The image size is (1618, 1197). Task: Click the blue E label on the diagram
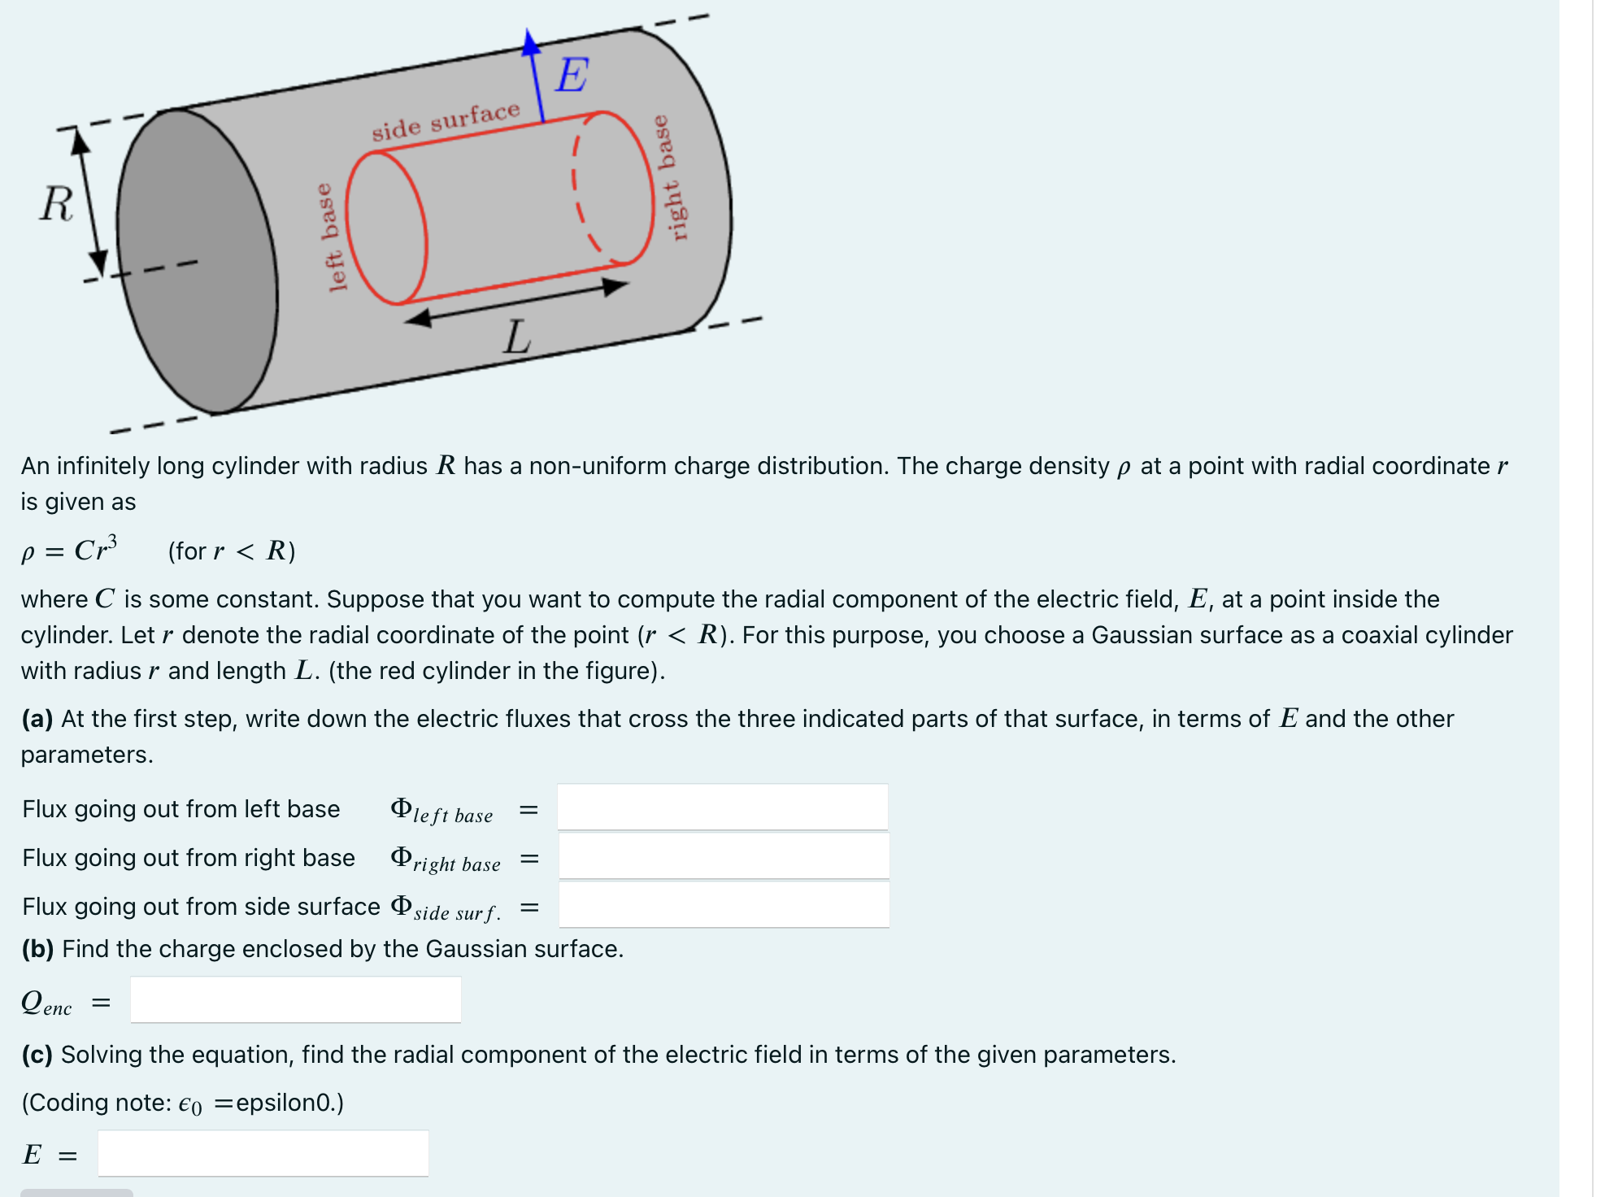[x=572, y=76]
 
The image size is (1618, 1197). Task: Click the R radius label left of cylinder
[x=56, y=203]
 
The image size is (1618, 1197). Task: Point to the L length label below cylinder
[x=517, y=337]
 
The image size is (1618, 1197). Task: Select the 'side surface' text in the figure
[x=446, y=121]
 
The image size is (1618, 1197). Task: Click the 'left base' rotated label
[x=333, y=237]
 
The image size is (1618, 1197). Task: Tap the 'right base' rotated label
[x=672, y=178]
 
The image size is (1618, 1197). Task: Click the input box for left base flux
[x=722, y=807]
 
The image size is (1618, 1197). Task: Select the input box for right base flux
[x=724, y=856]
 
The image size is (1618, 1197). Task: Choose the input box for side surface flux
[x=724, y=905]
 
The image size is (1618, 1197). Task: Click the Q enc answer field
[x=296, y=1000]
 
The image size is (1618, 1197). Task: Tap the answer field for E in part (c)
[x=263, y=1153]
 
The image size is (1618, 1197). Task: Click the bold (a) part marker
[x=37, y=719]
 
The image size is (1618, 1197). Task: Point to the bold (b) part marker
[x=38, y=949]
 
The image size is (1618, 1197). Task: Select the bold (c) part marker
[x=37, y=1055]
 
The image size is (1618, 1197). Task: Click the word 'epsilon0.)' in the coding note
[x=289, y=1103]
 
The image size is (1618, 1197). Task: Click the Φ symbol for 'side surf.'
[x=401, y=905]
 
